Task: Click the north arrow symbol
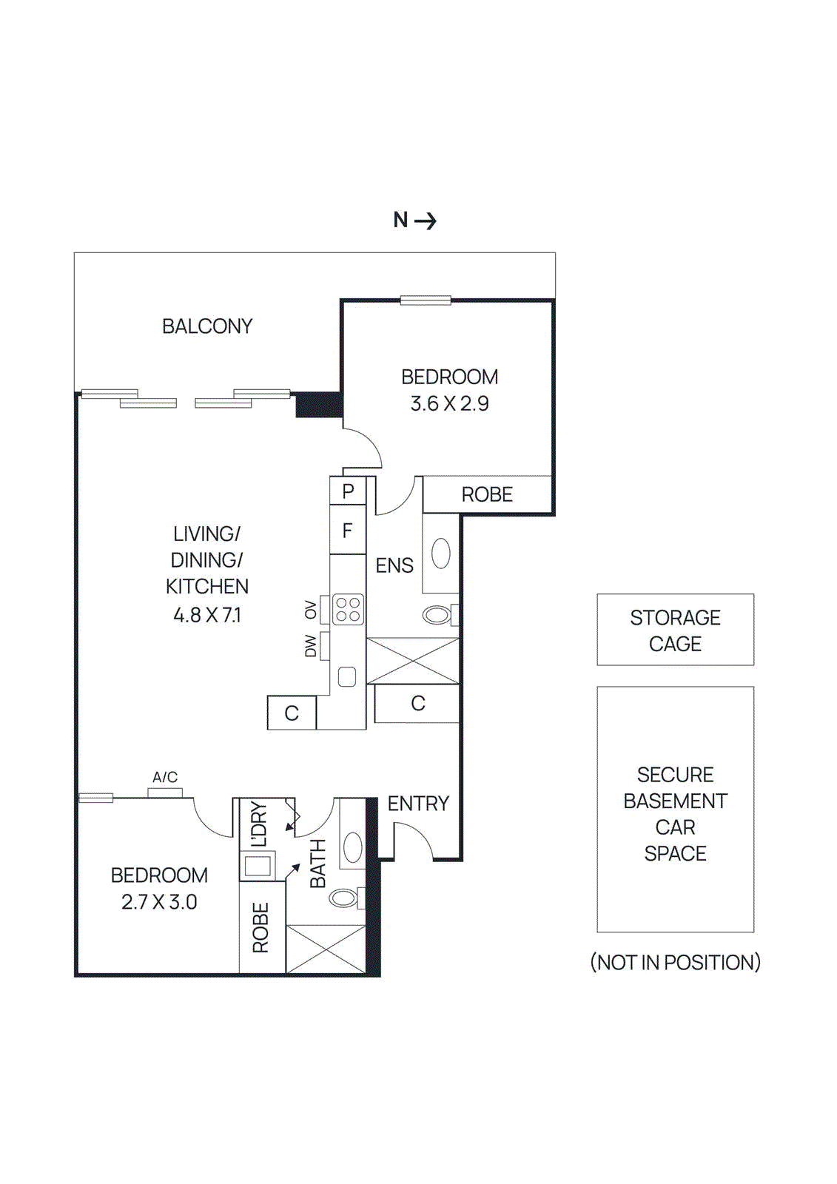click(425, 221)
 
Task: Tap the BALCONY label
click(207, 326)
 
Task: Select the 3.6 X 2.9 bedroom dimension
click(449, 404)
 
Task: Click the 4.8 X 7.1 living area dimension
click(207, 615)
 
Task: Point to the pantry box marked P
click(348, 491)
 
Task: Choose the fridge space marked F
click(347, 531)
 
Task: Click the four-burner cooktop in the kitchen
click(348, 610)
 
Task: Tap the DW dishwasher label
click(311, 646)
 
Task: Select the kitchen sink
click(347, 676)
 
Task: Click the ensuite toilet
click(437, 615)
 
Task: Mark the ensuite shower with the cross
click(413, 661)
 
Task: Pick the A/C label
click(165, 777)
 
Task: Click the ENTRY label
click(418, 804)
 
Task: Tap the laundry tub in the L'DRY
click(258, 865)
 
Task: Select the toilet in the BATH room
click(344, 898)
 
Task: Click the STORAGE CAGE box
click(675, 630)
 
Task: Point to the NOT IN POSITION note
click(675, 963)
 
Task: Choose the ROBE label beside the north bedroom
click(487, 494)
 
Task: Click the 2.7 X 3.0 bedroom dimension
click(159, 902)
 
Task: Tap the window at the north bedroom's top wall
click(426, 300)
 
